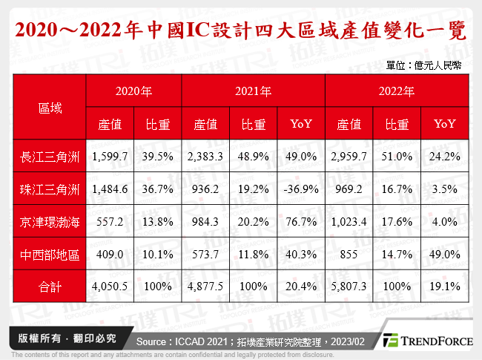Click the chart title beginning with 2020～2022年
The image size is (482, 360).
(240, 31)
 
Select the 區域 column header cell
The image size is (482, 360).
(50, 108)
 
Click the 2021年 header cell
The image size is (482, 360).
(253, 92)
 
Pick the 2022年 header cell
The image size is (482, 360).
(397, 92)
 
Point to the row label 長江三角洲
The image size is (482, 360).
(50, 157)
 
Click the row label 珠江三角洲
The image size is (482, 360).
(50, 189)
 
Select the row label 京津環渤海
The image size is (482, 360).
(50, 221)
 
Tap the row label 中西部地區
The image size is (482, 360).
(50, 253)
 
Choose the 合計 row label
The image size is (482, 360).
(50, 285)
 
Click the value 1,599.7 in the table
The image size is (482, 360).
(110, 157)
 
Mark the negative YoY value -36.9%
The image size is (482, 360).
(300, 189)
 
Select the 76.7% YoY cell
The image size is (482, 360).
(300, 221)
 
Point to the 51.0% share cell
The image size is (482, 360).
(397, 157)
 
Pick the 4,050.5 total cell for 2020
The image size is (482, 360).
(110, 285)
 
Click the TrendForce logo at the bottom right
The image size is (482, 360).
(428, 341)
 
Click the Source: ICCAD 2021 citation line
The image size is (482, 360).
(251, 341)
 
